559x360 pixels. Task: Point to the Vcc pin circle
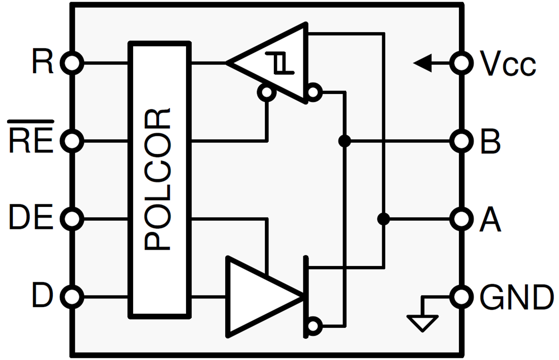click(462, 63)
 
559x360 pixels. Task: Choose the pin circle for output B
click(462, 141)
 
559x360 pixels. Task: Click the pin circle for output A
click(462, 219)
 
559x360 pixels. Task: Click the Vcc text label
click(508, 64)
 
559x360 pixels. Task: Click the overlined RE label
click(31, 139)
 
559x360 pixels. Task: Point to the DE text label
click(31, 219)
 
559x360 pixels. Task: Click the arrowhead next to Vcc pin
click(422, 63)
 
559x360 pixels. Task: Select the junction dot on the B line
click(345, 141)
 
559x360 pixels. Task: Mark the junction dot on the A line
click(384, 219)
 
